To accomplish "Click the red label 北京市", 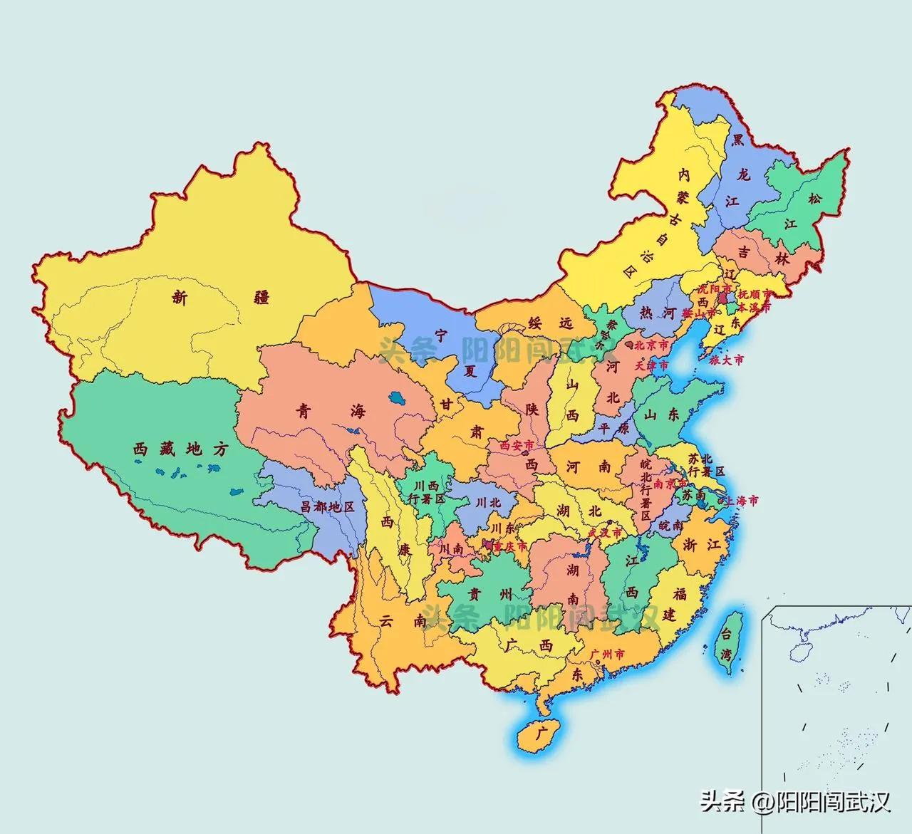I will coord(652,344).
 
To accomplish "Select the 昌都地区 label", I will coord(327,507).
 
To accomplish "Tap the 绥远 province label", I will coord(549,323).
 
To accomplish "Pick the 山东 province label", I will coord(662,415).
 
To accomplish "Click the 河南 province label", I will coord(588,467).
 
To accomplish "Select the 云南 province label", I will coord(395,620).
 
